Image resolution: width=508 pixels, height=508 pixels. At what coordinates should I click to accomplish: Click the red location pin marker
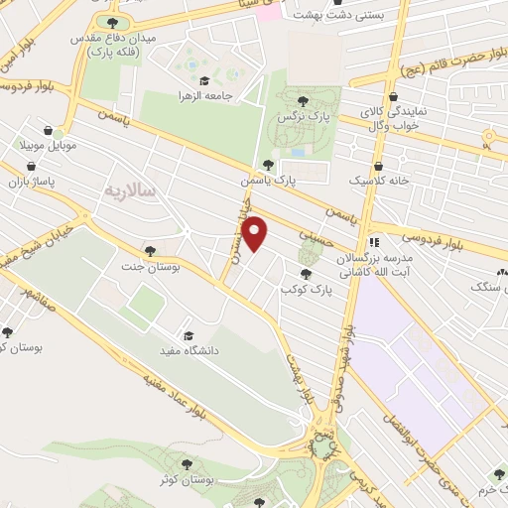(x=256, y=233)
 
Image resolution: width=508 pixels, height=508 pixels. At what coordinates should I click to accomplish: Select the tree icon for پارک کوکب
(x=306, y=274)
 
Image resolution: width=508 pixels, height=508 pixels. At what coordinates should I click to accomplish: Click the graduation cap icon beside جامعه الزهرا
(x=203, y=80)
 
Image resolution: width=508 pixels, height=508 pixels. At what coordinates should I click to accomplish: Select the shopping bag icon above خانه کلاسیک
(x=377, y=167)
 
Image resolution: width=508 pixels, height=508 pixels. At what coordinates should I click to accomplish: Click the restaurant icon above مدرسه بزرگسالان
(x=373, y=242)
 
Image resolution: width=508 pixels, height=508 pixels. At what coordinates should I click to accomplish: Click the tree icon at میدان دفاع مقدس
(x=111, y=22)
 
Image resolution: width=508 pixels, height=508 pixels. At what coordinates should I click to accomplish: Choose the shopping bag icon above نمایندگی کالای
(x=395, y=97)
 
